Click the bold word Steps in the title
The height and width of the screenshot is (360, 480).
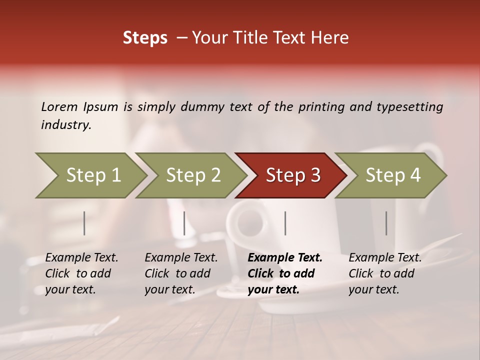145,38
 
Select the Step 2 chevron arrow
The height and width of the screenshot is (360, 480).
192,175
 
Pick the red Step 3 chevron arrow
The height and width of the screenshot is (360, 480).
292,175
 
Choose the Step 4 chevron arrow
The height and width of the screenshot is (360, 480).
392,175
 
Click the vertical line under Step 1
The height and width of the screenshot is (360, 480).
84,223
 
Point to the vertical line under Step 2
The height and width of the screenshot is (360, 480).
184,223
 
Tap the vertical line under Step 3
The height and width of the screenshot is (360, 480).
285,223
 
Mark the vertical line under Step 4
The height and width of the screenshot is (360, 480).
386,223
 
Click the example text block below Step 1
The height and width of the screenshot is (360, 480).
81,273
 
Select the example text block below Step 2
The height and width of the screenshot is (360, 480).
181,273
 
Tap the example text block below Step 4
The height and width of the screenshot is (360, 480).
385,273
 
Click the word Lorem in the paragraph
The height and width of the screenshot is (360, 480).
59,107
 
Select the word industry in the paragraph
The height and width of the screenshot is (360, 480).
65,125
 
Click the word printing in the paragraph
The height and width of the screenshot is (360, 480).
320,107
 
